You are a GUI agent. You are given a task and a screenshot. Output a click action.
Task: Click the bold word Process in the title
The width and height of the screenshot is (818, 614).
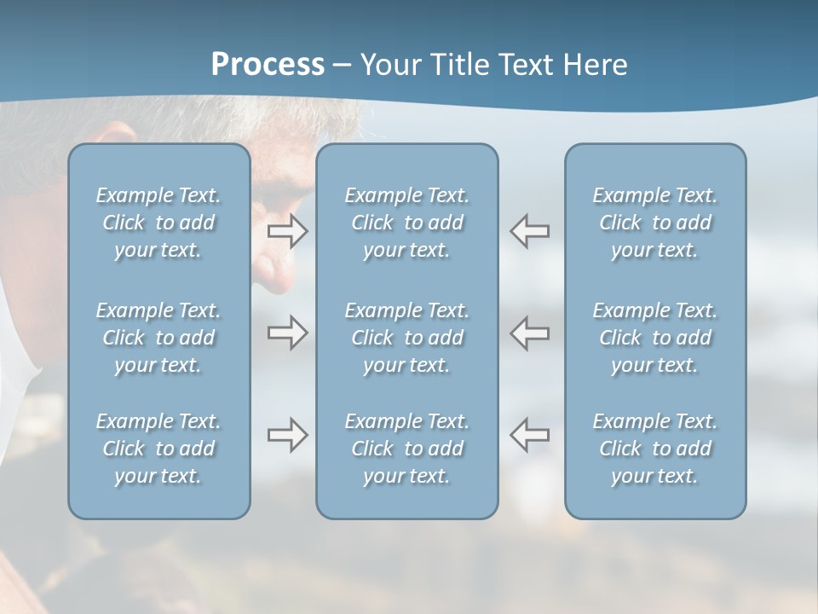point(268,65)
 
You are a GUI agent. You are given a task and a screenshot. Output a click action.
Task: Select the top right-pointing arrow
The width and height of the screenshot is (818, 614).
point(288,231)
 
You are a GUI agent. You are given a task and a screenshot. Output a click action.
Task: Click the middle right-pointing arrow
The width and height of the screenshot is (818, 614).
point(288,333)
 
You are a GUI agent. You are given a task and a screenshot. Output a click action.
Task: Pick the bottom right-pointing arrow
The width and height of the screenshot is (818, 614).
point(288,435)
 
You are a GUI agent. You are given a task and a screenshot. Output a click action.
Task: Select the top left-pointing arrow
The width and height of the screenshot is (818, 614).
point(530,231)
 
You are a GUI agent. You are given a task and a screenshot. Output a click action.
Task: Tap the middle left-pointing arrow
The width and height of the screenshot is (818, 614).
point(530,333)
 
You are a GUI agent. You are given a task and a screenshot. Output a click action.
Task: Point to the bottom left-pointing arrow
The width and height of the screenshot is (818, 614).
point(530,435)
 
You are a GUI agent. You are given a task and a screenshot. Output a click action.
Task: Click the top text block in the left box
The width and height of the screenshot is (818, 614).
point(158,223)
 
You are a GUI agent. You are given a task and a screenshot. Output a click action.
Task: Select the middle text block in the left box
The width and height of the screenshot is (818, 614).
point(158,338)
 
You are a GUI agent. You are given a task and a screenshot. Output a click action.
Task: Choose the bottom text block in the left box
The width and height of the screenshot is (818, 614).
point(158,449)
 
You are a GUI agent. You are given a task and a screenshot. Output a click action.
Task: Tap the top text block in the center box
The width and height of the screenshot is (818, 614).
point(406,223)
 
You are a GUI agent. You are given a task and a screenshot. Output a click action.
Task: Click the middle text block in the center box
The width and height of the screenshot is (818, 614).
point(406,338)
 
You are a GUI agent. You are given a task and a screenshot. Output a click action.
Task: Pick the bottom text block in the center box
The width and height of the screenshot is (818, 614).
point(406,449)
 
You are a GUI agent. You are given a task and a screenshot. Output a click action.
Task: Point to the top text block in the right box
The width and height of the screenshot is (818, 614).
point(655,223)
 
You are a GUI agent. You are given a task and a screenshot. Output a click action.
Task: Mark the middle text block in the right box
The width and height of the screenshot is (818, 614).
point(655,338)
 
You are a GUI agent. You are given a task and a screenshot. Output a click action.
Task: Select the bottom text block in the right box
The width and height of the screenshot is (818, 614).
point(655,449)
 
